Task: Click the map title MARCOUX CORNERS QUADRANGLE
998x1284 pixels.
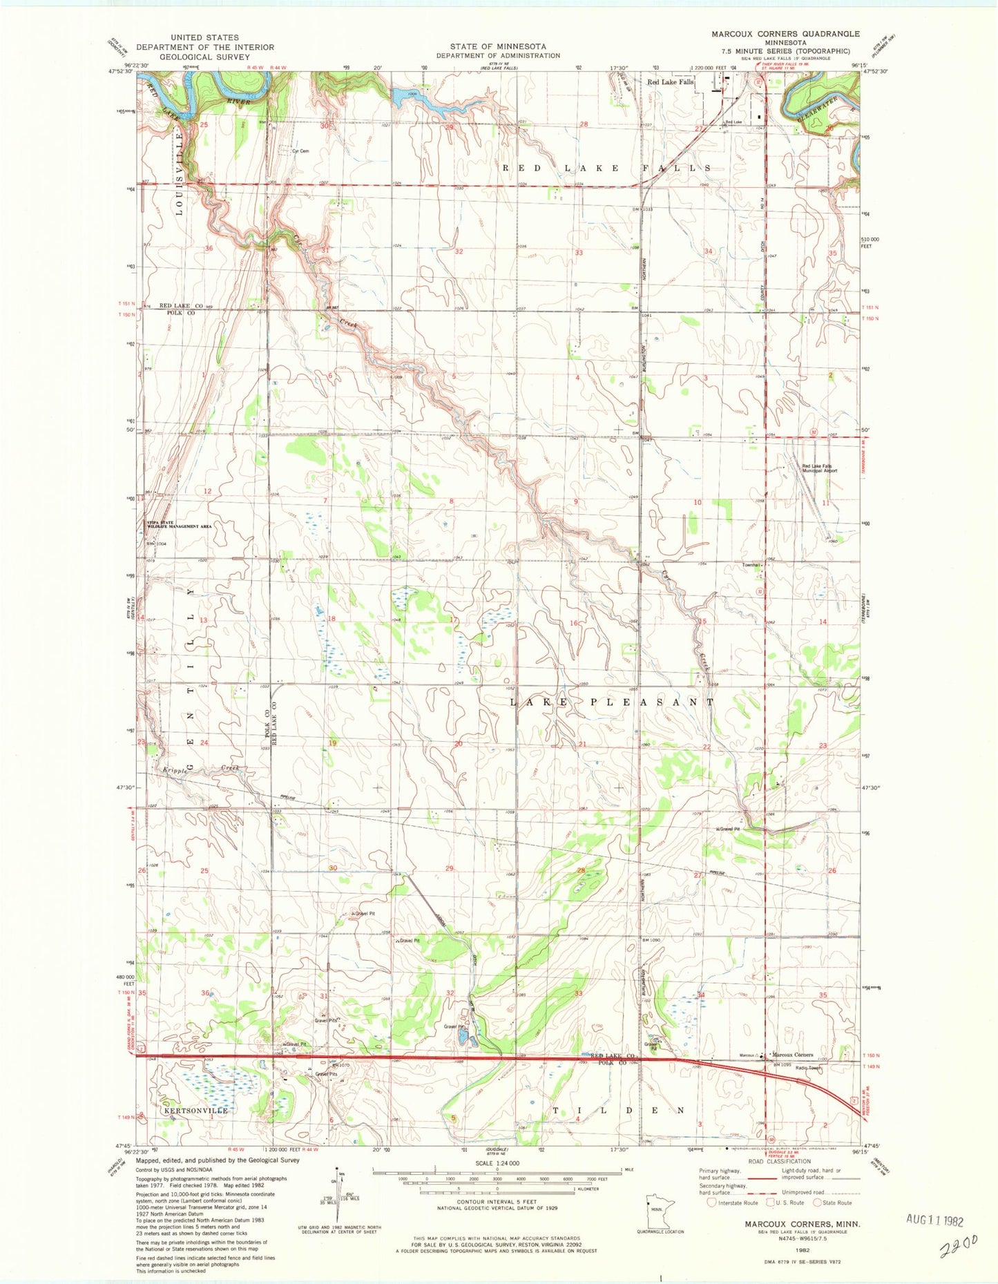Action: (787, 33)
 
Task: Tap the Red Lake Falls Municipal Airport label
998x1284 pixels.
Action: (819, 468)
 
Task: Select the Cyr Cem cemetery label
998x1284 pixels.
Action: (300, 151)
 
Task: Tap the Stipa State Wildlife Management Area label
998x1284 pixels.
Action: (178, 524)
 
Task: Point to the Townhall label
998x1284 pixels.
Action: (751, 565)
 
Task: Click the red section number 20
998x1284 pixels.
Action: (458, 744)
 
